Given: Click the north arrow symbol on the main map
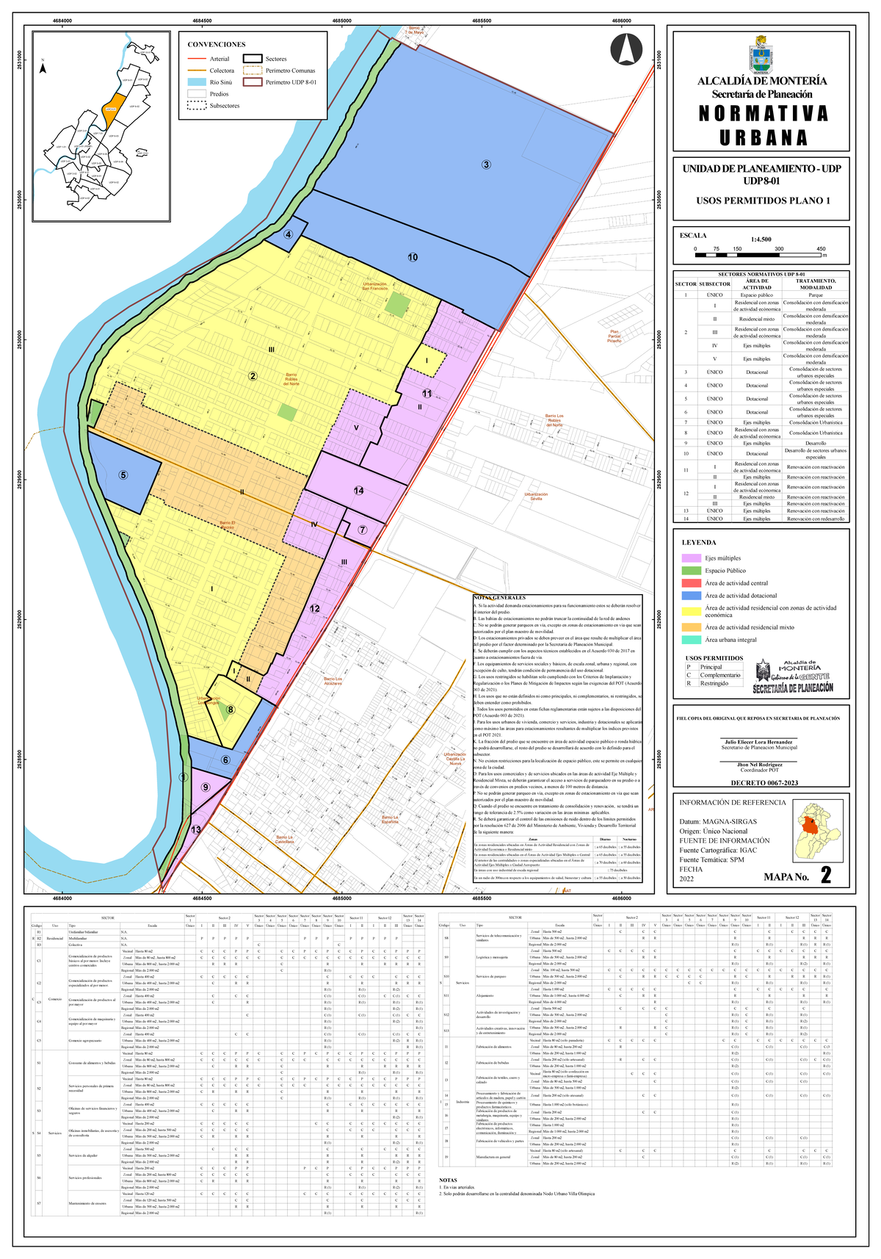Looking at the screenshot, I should (626, 48).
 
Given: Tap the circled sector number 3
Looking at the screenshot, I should (486, 164).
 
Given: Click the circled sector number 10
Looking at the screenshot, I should (413, 257).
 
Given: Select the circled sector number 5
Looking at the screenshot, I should (123, 475).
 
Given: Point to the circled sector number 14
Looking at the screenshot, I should (358, 491).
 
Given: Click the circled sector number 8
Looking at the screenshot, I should (231, 710).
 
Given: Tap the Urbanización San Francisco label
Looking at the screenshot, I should (374, 286).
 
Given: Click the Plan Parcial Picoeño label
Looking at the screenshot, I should (614, 336).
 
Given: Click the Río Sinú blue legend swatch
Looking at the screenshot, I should (197, 82).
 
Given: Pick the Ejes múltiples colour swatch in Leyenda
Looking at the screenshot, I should (691, 558).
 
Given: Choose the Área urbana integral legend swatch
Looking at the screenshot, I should (691, 640).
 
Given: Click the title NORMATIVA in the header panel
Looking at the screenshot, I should (763, 114).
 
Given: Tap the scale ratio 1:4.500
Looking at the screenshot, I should (761, 239).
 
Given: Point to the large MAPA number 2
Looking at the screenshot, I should (826, 876).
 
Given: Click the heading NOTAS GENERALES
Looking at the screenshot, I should (500, 598).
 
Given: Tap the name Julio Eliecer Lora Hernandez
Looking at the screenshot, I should (759, 742).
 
